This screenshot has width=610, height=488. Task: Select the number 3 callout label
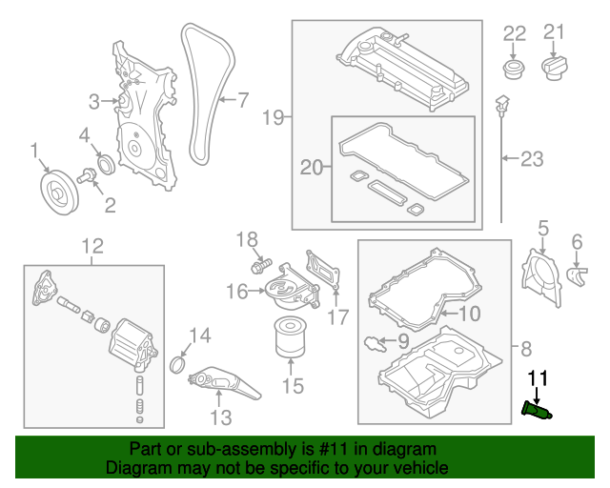point(94,101)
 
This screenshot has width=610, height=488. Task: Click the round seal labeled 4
point(102,165)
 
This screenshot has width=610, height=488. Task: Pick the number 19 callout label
point(273,117)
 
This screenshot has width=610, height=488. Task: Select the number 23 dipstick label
point(532,157)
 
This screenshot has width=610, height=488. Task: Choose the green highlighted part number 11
point(539,410)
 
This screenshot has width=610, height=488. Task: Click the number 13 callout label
point(220,417)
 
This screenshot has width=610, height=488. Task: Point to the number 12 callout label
point(91,248)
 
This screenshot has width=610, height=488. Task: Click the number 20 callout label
point(312,168)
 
